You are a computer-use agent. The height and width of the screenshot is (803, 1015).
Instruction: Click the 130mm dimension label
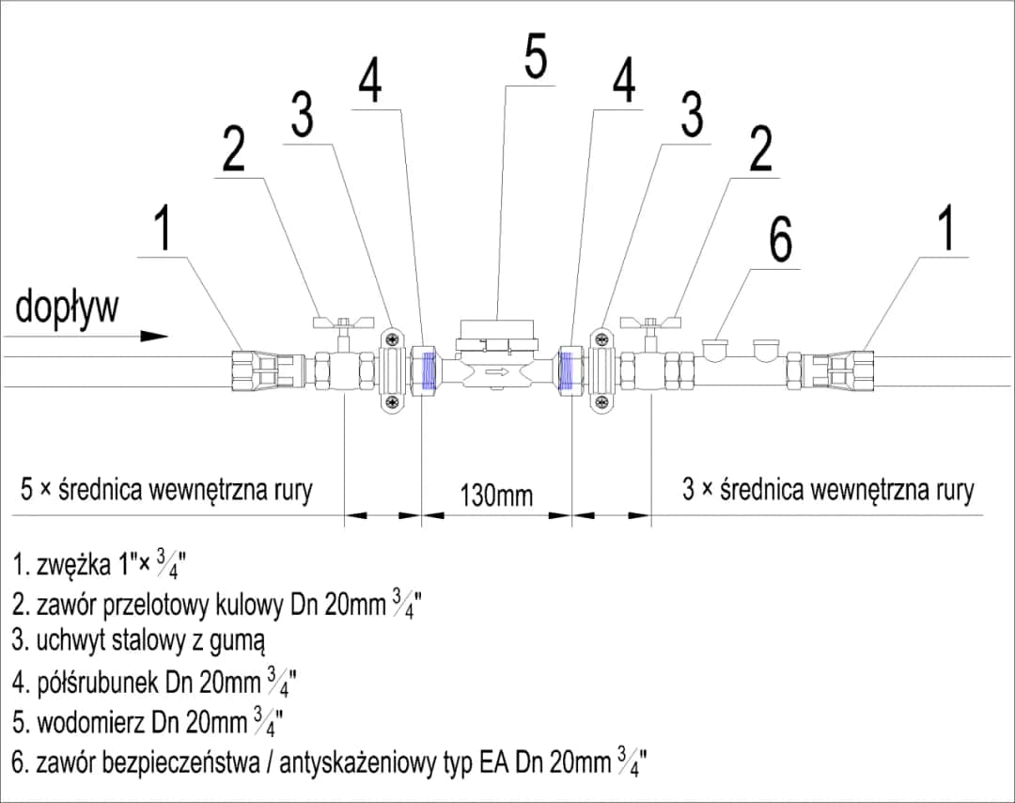pos(495,495)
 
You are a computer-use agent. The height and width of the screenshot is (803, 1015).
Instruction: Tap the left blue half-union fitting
pos(429,370)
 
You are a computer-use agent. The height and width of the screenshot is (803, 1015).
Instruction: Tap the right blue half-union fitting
pos(568,370)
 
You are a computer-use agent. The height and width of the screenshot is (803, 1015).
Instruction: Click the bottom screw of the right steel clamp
pos(597,402)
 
